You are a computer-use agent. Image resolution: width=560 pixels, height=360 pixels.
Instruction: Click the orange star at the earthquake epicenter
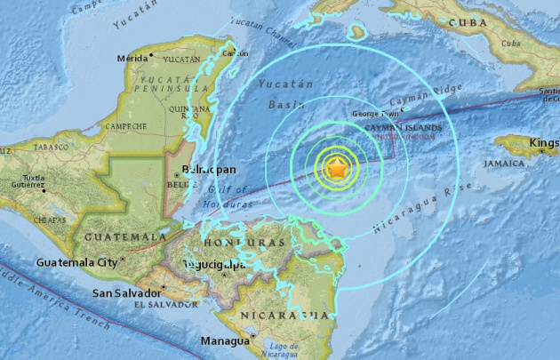pyautogui.click(x=338, y=168)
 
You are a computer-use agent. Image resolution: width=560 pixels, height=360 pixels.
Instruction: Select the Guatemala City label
pyautogui.click(x=76, y=262)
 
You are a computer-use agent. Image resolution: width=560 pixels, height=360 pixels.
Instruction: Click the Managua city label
pyautogui.click(x=223, y=340)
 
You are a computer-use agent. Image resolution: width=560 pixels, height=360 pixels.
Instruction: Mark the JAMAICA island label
pyautogui.click(x=504, y=164)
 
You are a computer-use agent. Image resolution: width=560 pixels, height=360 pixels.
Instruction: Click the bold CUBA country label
pyautogui.click(x=472, y=22)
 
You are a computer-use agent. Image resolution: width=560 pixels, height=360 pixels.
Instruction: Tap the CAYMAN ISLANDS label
pyautogui.click(x=404, y=129)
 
